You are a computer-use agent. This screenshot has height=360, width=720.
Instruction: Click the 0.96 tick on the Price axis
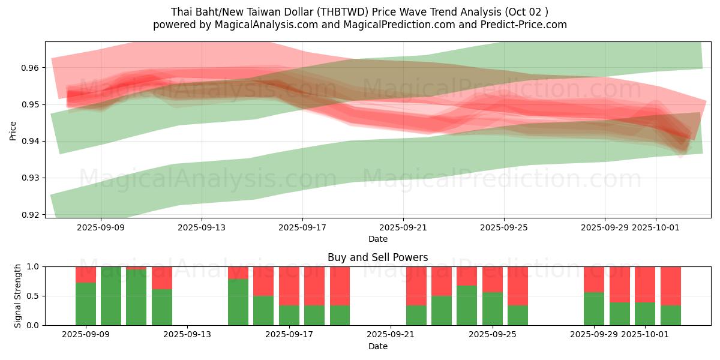click(29, 68)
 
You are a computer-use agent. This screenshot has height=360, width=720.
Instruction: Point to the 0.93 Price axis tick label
click(29, 178)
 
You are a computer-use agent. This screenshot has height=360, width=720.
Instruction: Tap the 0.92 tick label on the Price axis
click(29, 215)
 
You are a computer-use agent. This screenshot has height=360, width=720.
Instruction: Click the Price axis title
click(13, 130)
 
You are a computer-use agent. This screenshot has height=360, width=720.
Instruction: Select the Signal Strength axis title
click(18, 296)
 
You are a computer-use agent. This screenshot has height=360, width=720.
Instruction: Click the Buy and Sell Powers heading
click(377, 257)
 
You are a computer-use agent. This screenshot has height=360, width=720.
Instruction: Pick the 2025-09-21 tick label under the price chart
click(403, 227)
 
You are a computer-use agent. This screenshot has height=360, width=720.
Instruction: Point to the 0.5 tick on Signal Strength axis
click(32, 296)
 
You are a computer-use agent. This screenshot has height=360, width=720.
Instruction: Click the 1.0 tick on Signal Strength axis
click(32, 266)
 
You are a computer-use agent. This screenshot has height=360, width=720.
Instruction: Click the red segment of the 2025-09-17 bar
click(289, 286)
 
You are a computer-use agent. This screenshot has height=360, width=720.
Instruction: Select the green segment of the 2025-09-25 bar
click(493, 308)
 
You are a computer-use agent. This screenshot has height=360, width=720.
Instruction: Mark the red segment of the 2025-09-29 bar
click(594, 279)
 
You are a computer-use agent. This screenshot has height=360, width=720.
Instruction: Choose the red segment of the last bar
click(671, 286)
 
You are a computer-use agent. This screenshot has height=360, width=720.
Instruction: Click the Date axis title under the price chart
click(377, 239)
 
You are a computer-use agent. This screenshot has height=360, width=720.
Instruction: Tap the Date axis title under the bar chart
click(377, 346)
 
